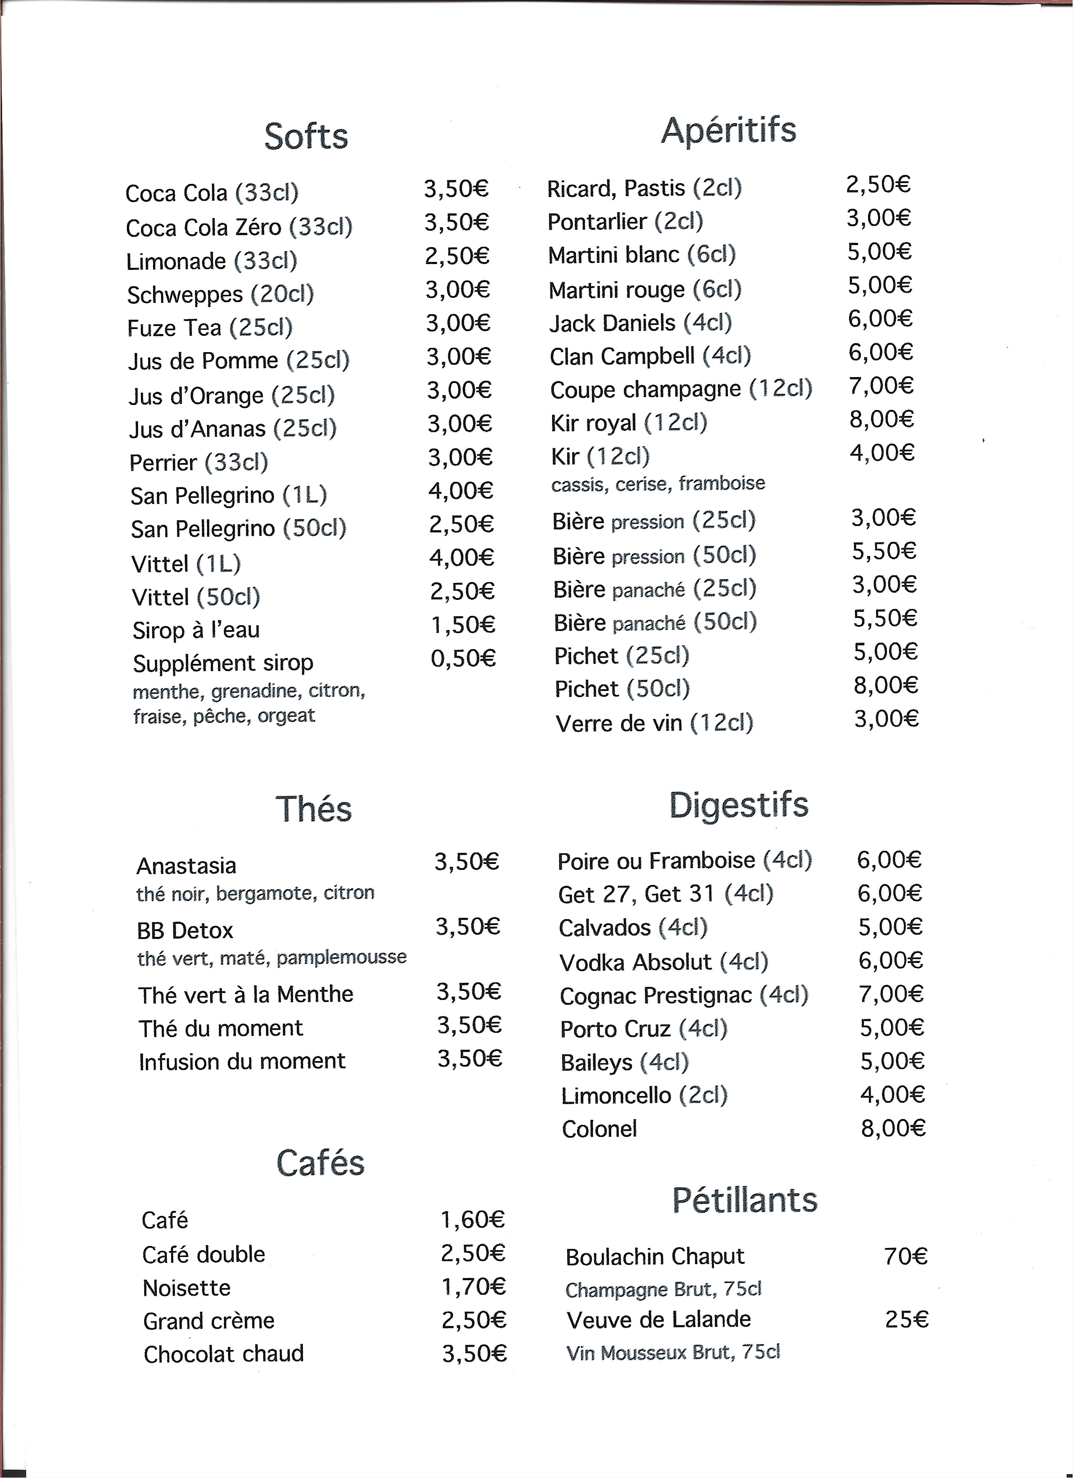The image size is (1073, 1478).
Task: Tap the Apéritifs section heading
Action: coord(728,130)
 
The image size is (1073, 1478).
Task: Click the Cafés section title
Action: coord(320,1162)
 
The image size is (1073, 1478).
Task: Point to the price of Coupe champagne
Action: coord(881,386)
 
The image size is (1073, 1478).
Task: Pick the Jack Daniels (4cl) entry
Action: coord(640,323)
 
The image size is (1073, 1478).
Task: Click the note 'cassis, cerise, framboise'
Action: coord(658,483)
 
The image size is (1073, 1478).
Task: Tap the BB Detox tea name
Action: coord(185,930)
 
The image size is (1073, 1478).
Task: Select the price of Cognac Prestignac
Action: coord(891,994)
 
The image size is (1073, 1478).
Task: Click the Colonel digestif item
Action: coord(599,1129)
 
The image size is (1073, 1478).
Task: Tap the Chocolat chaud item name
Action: coord(224,1354)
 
